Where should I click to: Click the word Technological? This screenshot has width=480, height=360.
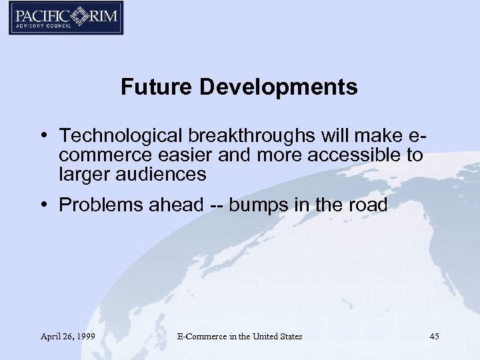[122, 137]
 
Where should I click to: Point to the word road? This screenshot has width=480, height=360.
[367, 205]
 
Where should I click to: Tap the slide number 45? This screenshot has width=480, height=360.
[435, 337]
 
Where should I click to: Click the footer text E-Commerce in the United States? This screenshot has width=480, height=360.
[240, 337]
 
